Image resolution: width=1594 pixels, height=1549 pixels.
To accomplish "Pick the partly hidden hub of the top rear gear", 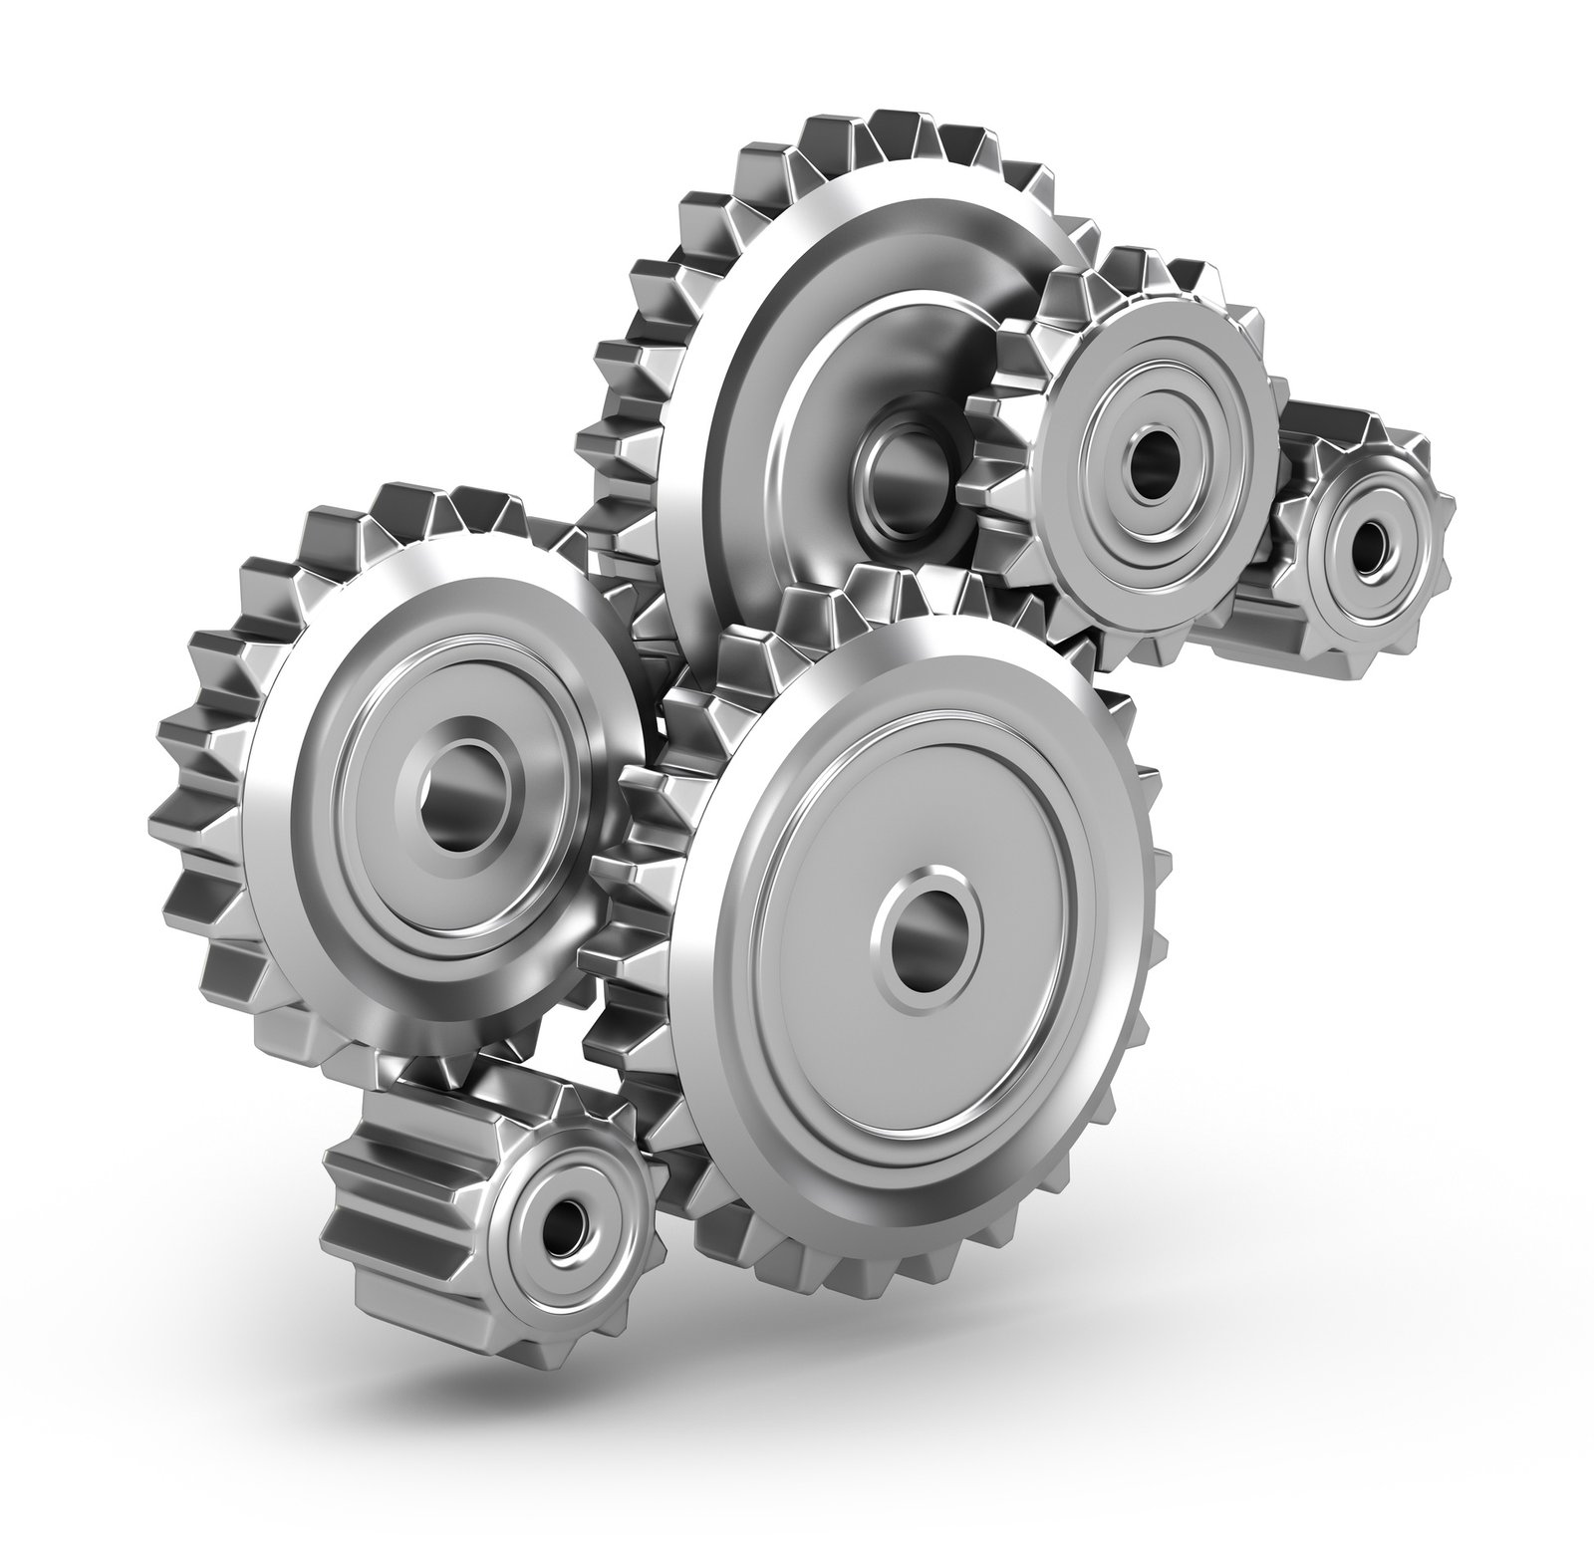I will pyautogui.click(x=902, y=453).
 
